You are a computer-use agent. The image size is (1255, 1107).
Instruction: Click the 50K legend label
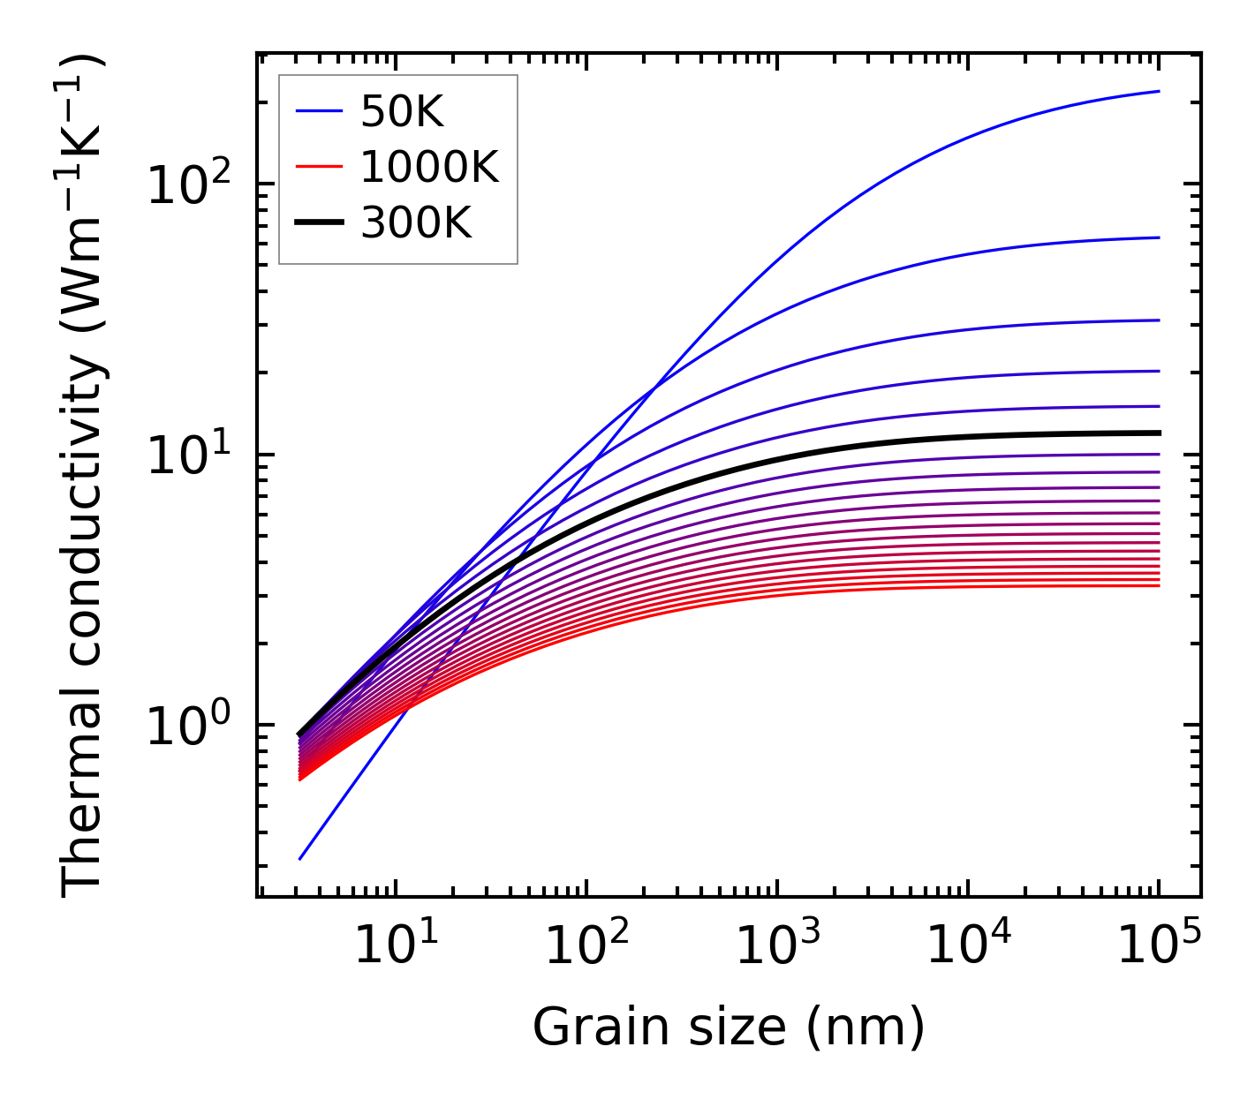click(401, 112)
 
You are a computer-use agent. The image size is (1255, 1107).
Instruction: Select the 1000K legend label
click(429, 168)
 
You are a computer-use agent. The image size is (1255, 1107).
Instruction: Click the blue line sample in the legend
click(318, 111)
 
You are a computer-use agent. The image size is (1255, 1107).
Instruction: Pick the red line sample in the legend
click(318, 167)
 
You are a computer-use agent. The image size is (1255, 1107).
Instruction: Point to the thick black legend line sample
click(318, 222)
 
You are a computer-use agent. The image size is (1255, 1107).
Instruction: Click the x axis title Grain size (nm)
click(729, 1028)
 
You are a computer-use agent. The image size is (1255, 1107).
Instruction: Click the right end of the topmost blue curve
click(1159, 91)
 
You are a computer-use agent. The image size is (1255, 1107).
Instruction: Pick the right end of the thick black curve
click(1159, 433)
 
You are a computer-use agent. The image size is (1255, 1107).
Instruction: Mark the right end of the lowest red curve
click(1159, 585)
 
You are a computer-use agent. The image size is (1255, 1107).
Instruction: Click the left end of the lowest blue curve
click(300, 858)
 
